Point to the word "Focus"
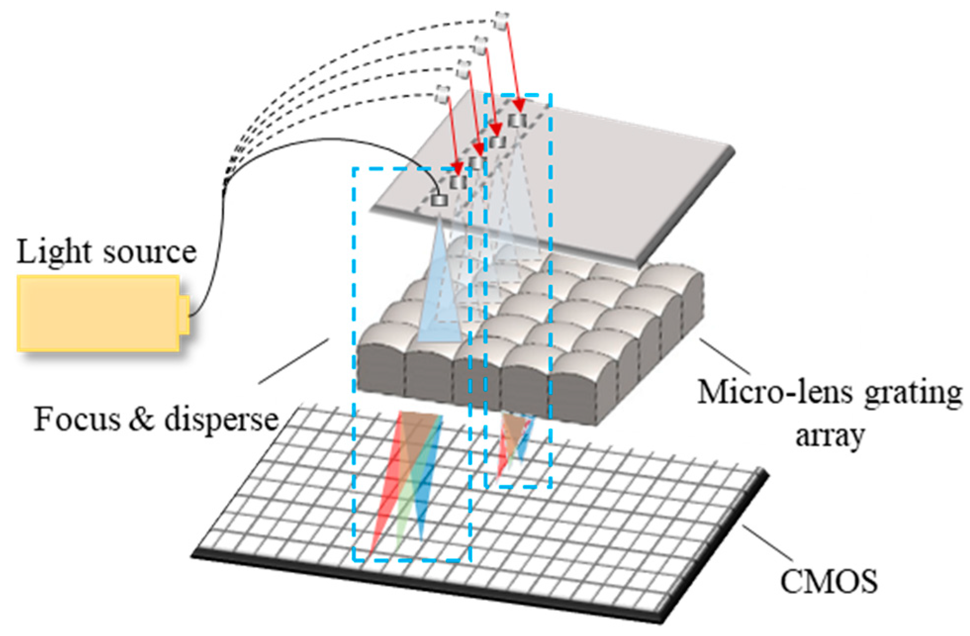pos(77,419)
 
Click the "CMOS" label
pos(829,581)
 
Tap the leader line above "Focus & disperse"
pos(294,361)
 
